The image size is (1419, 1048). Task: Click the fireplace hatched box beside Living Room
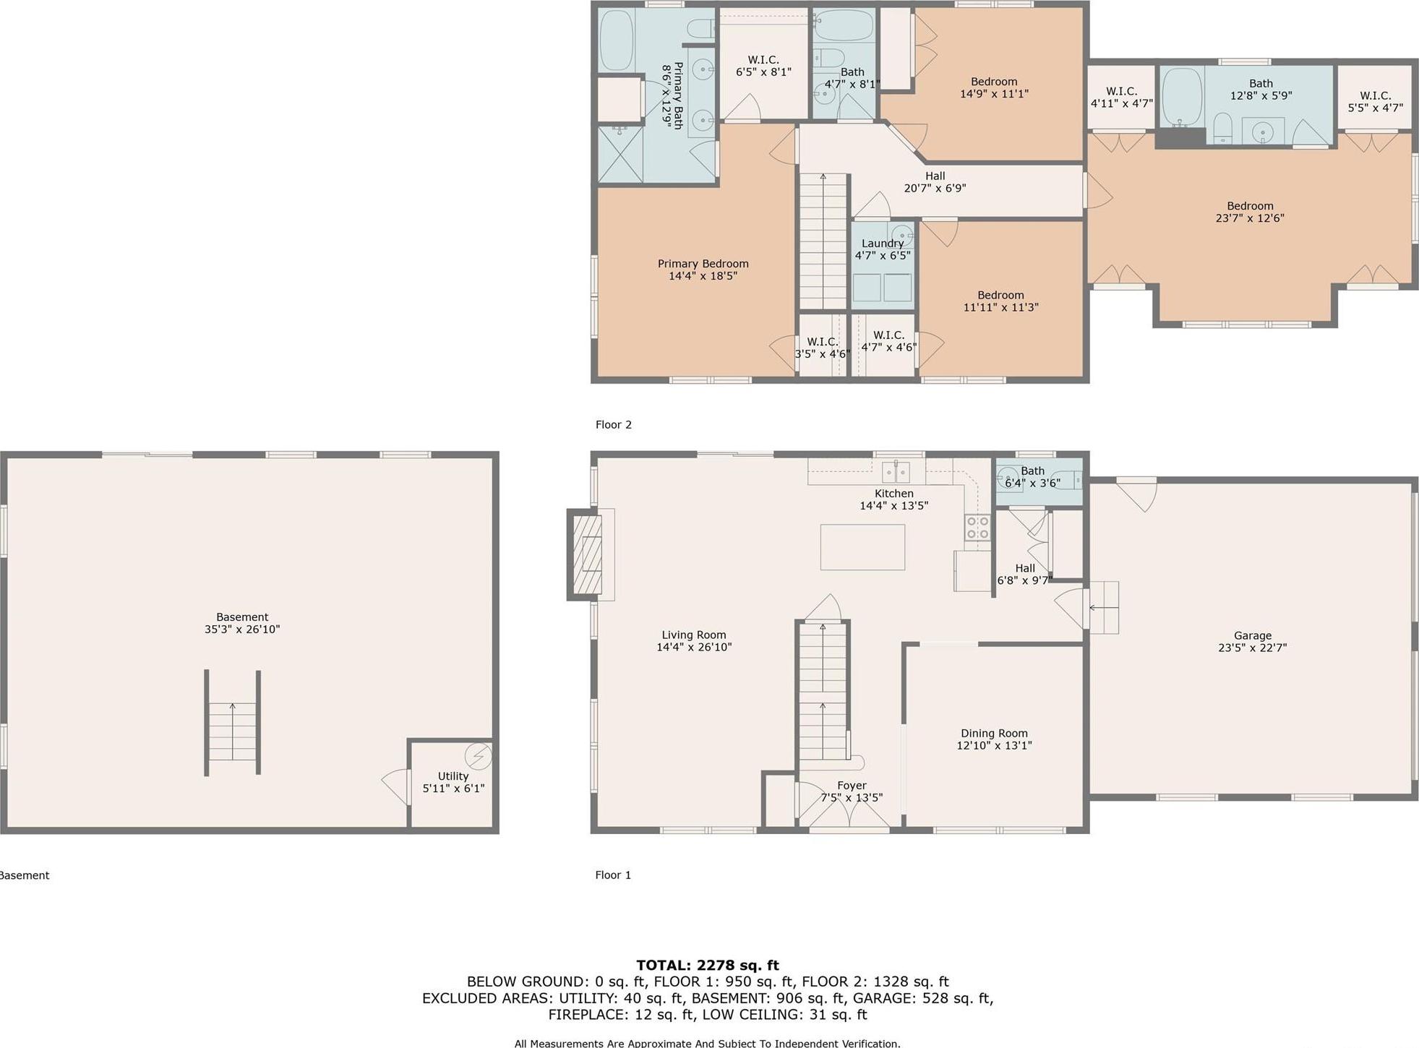586,554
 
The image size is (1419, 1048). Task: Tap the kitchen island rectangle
862,546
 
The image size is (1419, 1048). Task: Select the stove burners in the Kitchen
977,527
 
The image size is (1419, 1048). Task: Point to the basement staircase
232,730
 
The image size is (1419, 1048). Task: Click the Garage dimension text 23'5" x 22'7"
1252,648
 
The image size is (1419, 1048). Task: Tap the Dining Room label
994,733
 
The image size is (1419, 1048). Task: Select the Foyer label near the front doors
852,785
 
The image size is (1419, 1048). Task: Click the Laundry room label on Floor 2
882,244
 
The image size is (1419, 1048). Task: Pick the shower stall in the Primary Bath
620,154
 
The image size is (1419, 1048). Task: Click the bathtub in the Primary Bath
617,40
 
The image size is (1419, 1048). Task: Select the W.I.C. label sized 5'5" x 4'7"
1375,101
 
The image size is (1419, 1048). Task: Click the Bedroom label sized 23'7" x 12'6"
1250,212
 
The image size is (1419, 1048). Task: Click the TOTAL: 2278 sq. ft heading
708,965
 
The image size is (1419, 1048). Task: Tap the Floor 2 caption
614,424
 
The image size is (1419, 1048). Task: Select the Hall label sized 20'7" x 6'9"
935,181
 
